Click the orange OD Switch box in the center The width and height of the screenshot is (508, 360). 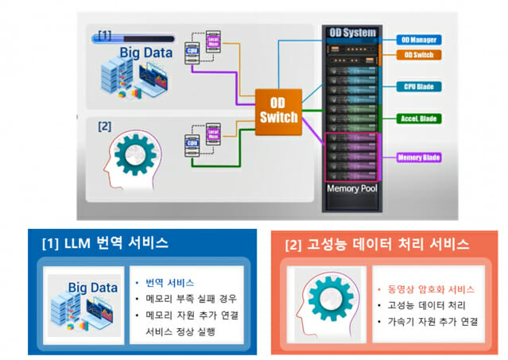pyautogui.click(x=277, y=110)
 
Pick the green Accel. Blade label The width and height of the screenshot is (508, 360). pyautogui.click(x=419, y=118)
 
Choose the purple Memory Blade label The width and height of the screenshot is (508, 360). pyautogui.click(x=420, y=157)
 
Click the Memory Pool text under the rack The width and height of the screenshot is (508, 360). pyautogui.click(x=351, y=189)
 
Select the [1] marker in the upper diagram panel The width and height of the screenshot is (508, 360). pyautogui.click(x=103, y=35)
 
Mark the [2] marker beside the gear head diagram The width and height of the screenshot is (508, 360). pyautogui.click(x=104, y=126)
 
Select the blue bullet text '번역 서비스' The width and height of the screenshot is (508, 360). pyautogui.click(x=169, y=282)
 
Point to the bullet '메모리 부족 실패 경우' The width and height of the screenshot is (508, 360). pyautogui.click(x=191, y=298)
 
